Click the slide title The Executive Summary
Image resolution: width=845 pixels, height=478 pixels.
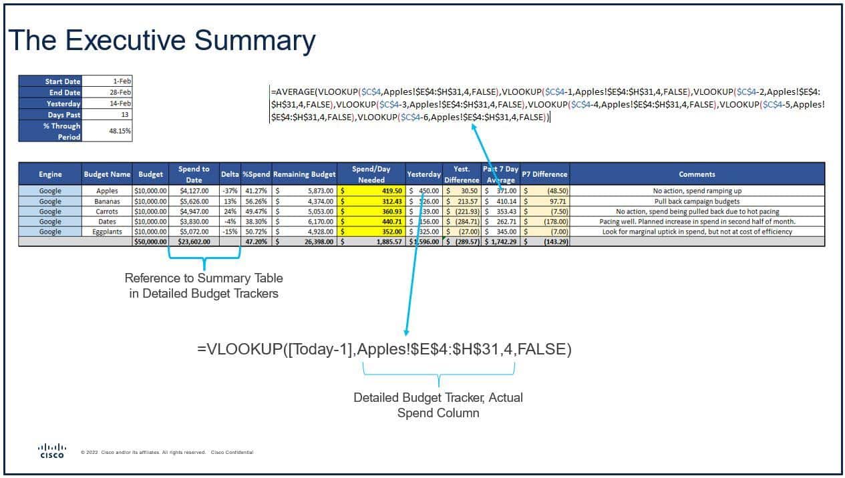point(161,41)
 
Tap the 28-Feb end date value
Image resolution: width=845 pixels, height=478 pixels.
point(108,93)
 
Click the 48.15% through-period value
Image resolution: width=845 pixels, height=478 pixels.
point(108,132)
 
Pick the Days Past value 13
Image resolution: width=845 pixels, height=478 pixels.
point(108,115)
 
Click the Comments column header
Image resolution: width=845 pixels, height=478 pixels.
point(697,174)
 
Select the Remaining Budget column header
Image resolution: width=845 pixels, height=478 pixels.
point(304,174)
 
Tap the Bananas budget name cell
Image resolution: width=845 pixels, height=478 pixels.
point(107,201)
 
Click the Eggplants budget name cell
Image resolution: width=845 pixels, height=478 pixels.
point(107,232)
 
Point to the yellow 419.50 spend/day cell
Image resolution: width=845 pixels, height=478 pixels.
point(371,191)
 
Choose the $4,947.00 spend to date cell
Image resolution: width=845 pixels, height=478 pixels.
point(194,212)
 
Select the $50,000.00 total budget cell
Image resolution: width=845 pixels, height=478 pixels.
point(151,242)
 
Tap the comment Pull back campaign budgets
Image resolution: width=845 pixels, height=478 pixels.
point(697,201)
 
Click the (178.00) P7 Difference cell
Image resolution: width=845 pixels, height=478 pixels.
point(546,222)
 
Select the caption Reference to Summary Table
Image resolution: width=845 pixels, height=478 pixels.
point(204,278)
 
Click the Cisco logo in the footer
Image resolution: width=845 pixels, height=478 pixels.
point(52,451)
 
